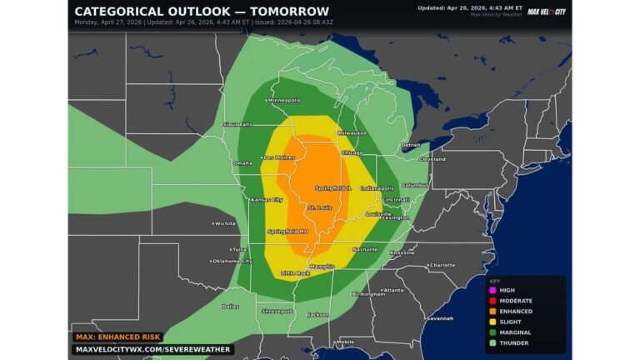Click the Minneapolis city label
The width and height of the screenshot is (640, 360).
click(x=286, y=99)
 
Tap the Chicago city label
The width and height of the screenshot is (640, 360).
click(x=351, y=152)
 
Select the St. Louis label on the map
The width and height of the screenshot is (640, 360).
click(x=321, y=207)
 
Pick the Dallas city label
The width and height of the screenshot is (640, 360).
click(x=230, y=306)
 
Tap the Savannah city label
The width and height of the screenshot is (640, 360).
click(x=439, y=317)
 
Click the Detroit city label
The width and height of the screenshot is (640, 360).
click(x=410, y=145)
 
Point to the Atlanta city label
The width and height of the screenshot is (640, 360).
click(x=392, y=290)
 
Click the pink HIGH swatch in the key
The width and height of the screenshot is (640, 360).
click(x=492, y=290)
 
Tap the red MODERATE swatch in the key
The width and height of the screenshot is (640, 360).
click(x=492, y=300)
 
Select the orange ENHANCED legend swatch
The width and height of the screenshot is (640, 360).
click(x=492, y=310)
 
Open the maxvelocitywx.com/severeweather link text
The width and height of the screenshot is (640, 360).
click(x=150, y=349)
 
